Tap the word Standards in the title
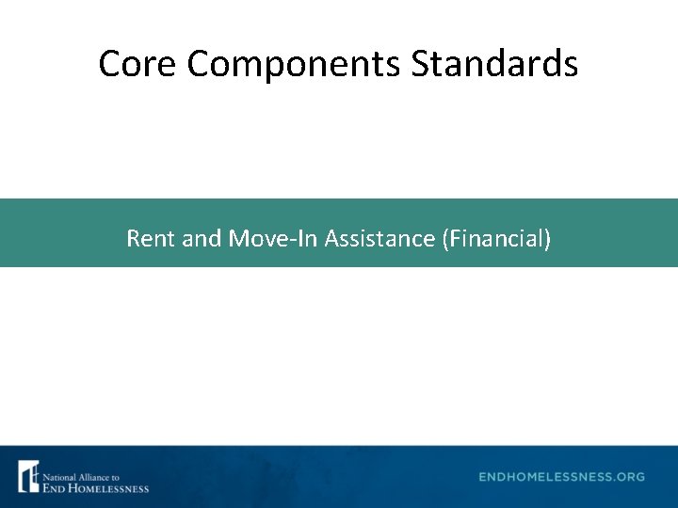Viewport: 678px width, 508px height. [495, 64]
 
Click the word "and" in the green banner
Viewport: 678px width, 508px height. [201, 239]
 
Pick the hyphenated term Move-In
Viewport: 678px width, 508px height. [273, 239]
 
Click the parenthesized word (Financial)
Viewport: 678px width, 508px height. [495, 239]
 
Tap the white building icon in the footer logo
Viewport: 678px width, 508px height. [28, 476]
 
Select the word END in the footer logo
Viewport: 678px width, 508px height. [53, 486]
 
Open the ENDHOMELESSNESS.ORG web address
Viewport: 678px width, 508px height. [561, 477]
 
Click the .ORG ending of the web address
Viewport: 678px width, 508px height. [628, 477]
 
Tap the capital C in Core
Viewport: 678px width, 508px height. [109, 64]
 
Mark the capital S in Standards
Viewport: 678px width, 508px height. [420, 64]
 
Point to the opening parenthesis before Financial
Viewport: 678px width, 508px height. [444, 239]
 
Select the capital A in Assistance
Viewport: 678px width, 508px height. [331, 239]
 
